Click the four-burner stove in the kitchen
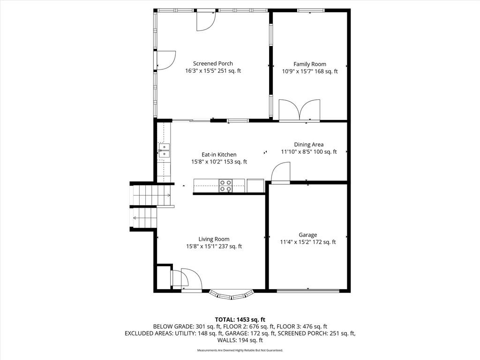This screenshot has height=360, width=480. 225,186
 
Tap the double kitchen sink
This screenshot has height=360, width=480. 164,150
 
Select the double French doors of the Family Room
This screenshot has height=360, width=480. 300,110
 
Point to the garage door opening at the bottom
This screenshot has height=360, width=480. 308,291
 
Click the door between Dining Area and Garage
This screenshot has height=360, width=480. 280,173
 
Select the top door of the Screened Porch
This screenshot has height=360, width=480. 206,21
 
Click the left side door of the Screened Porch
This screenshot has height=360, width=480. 165,60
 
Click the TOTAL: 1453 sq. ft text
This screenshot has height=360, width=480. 240,320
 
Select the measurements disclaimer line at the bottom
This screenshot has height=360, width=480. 240,350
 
